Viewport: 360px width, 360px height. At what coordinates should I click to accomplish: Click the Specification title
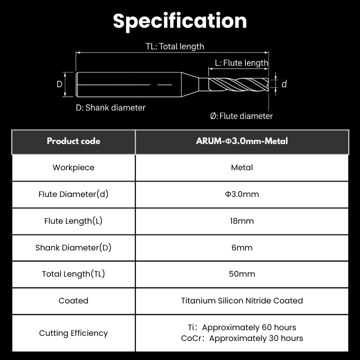point(180,21)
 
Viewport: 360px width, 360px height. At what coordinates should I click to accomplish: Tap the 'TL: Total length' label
point(175,46)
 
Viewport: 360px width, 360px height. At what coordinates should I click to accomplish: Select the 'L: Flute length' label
point(241,63)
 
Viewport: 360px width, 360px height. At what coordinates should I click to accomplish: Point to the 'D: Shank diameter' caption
point(111,107)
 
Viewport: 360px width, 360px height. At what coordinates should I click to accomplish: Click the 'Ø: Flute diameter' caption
point(241,116)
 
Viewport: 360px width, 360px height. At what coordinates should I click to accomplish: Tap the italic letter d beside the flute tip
point(284,84)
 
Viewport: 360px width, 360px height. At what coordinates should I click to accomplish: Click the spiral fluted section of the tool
point(239,84)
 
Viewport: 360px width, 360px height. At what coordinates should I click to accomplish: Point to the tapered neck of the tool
point(190,84)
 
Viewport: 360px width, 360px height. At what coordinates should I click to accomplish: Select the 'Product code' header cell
point(74,141)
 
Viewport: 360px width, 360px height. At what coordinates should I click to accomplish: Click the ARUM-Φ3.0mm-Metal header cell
point(242,141)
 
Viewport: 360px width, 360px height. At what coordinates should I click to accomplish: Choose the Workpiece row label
point(74,168)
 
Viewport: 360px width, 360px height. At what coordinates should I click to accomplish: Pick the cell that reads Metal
point(242,168)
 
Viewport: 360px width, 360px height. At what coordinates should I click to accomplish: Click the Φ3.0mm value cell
point(242,194)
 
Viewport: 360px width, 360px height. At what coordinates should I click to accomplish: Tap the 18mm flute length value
point(242,221)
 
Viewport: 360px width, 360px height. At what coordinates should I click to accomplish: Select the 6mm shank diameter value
point(242,248)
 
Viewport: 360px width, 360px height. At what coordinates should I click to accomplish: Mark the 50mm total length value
point(242,274)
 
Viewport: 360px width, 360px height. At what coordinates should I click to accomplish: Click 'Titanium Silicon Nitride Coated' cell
point(242,301)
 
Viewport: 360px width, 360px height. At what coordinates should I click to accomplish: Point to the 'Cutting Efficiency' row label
point(74,333)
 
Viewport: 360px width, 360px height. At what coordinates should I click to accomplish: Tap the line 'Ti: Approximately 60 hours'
point(242,328)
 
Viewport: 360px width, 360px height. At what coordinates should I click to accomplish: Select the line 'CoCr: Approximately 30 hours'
point(242,338)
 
